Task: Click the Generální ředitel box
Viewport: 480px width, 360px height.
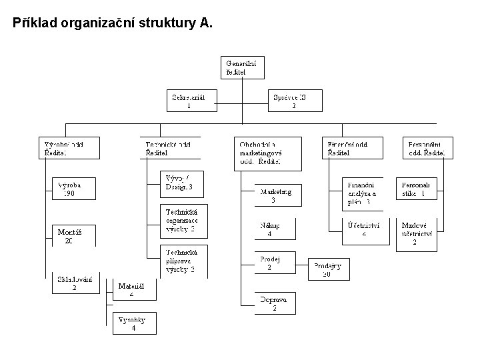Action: tap(243, 67)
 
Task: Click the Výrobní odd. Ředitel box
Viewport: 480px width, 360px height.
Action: tap(69, 147)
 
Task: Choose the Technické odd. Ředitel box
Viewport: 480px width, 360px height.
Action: tap(173, 147)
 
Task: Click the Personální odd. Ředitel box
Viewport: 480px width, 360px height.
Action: tap(427, 147)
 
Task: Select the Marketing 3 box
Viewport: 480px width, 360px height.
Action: tap(276, 195)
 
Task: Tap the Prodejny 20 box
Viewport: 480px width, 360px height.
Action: tap(329, 270)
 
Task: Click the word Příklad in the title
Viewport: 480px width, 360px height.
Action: tap(33, 24)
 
